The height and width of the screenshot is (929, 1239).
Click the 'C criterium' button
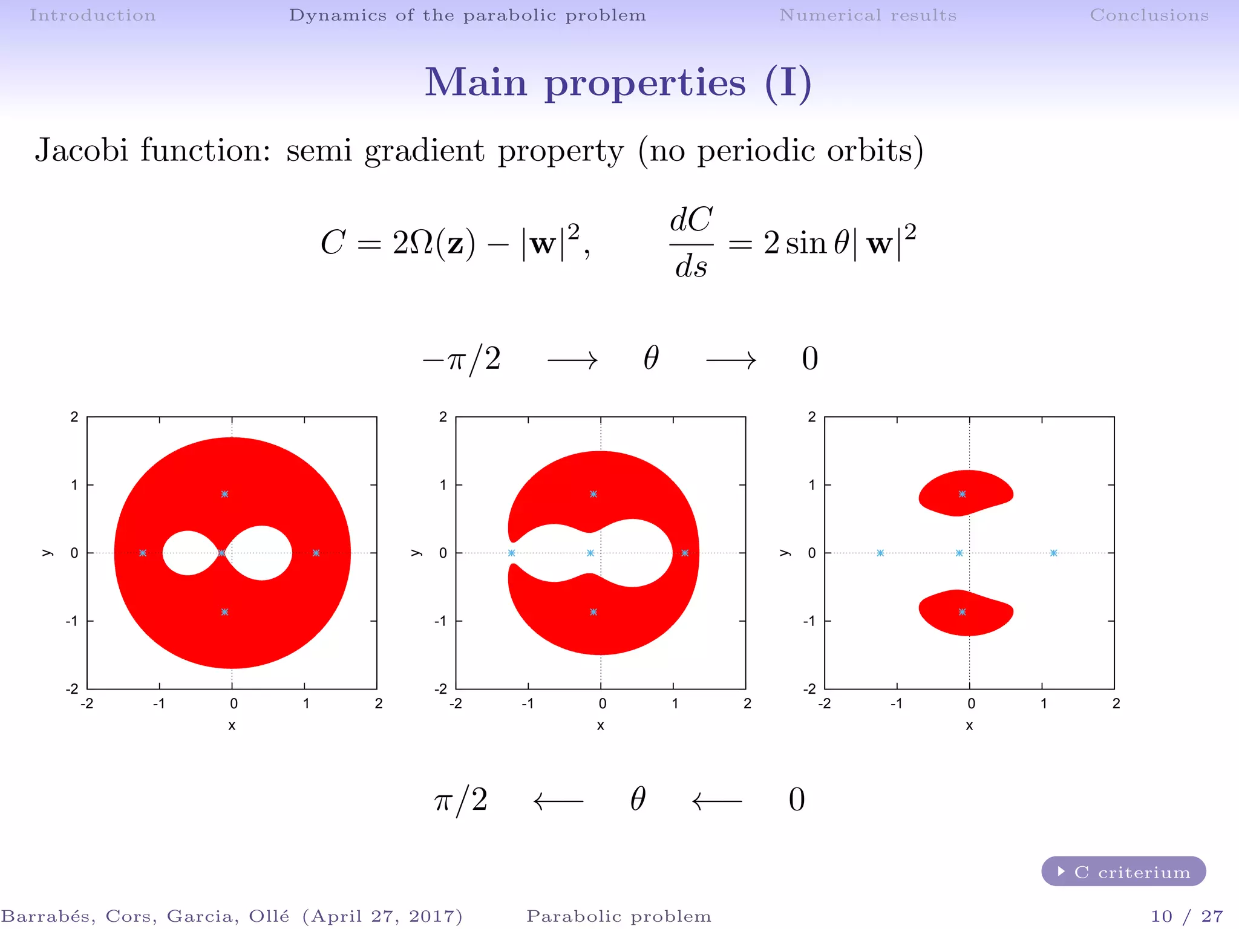click(1123, 872)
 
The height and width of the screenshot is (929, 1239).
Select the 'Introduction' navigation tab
click(93, 15)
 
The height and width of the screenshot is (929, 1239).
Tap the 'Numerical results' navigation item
click(868, 15)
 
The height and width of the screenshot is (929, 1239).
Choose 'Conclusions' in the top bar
click(1149, 15)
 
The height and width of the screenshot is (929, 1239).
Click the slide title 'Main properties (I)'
click(618, 82)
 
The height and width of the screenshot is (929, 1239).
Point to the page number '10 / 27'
click(1187, 916)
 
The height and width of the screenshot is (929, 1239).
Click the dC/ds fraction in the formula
click(691, 243)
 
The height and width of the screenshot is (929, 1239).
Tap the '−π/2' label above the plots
click(462, 359)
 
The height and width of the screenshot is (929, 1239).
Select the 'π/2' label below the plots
click(461, 800)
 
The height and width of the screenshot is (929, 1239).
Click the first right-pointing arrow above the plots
click(572, 361)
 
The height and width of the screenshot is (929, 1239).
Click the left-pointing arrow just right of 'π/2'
click(558, 801)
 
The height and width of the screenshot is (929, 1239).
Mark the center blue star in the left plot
click(222, 553)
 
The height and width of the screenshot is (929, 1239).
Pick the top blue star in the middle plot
click(593, 494)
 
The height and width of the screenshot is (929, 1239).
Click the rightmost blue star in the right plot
click(1053, 553)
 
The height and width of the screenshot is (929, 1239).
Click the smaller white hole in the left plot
click(188, 553)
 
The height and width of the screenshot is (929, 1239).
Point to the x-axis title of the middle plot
click(600, 725)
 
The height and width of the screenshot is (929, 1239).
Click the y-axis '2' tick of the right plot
click(812, 417)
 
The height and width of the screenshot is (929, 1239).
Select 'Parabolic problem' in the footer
click(618, 916)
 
